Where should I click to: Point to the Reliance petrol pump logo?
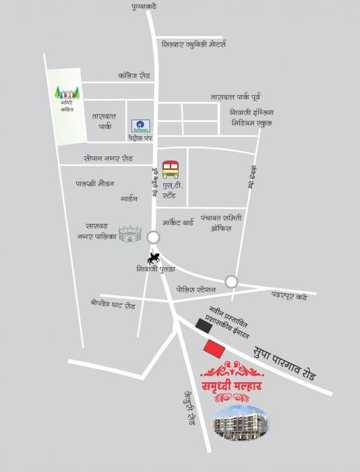point(142,126)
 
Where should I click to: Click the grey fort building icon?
point(130,234)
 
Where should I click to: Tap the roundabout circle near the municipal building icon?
point(154,237)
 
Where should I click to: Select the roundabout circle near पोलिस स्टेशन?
point(231,281)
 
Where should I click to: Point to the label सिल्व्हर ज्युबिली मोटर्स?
point(194,45)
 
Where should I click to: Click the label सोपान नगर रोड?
point(109,158)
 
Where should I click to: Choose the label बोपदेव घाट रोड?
point(113,305)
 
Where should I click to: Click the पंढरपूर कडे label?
point(289,295)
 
